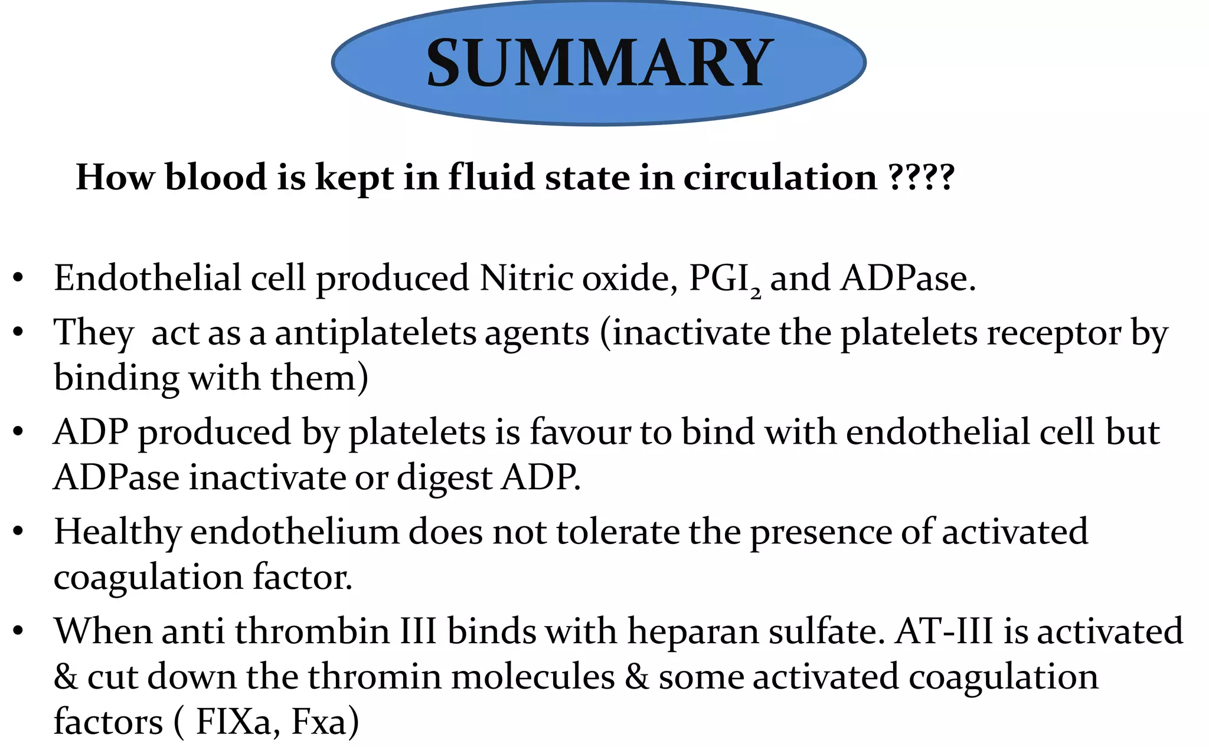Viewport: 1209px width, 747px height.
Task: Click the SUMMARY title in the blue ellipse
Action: point(599,63)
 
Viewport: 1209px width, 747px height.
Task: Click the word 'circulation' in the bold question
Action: point(780,177)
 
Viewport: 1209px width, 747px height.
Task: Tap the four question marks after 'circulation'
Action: point(922,177)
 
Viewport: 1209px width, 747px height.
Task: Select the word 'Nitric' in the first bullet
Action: point(526,278)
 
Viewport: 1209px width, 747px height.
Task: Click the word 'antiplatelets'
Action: point(375,333)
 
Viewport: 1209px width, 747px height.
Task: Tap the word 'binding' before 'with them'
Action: point(116,378)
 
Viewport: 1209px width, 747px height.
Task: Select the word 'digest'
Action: point(445,477)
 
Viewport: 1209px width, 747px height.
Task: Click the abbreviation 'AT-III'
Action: point(944,631)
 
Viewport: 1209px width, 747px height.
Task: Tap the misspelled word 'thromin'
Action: point(374,676)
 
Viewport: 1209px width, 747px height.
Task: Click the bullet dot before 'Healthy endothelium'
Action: point(18,532)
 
